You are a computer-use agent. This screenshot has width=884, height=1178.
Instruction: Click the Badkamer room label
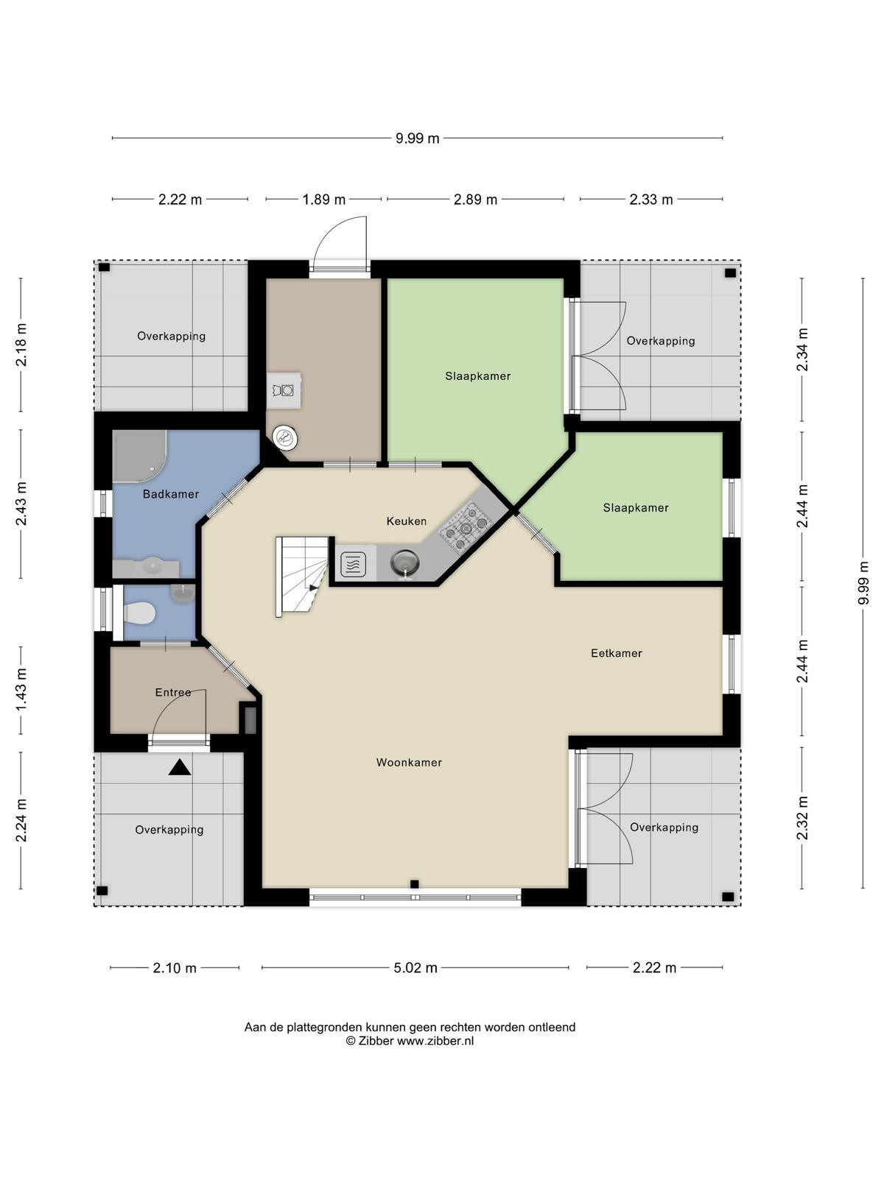point(171,494)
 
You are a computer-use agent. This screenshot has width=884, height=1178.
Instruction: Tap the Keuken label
point(407,521)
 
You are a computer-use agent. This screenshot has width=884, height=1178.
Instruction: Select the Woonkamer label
point(409,762)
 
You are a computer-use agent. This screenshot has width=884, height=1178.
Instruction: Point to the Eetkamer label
point(616,653)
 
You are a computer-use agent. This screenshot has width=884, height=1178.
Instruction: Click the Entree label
point(173,692)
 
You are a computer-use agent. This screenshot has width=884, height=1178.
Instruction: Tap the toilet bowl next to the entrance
point(139,613)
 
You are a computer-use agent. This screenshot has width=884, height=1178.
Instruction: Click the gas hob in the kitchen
point(466,528)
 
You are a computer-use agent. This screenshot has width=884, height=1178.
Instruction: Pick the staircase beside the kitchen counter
point(301,577)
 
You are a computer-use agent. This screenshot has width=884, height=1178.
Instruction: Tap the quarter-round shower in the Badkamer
point(139,455)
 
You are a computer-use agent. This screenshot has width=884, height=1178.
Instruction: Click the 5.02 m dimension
point(415,967)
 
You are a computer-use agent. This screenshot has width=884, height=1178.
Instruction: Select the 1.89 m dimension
point(323,200)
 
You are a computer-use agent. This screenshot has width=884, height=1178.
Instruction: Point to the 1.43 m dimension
point(21,691)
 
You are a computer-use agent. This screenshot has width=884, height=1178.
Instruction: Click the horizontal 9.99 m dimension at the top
point(418,138)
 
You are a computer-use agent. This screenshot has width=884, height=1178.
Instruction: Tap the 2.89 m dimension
point(476,200)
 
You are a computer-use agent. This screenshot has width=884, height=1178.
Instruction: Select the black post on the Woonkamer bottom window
point(414,883)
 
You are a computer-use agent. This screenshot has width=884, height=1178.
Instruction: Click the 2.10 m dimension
point(175,967)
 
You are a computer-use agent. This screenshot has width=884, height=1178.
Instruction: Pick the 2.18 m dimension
point(21,345)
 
